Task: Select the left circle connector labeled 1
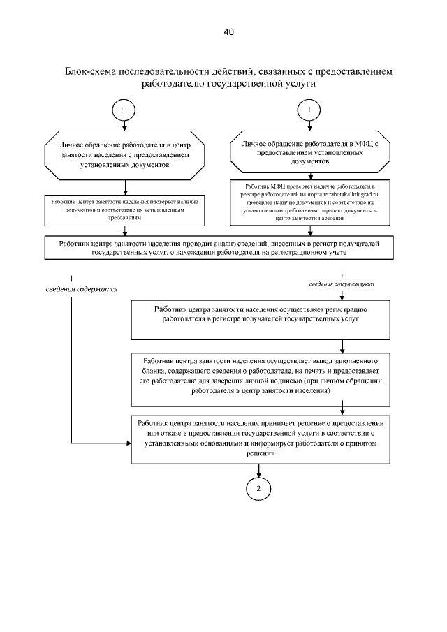pyautogui.click(x=124, y=110)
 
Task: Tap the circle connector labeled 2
pyautogui.click(x=258, y=487)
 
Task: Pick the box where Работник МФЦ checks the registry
pyautogui.click(x=309, y=203)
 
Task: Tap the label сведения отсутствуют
pyautogui.click(x=343, y=284)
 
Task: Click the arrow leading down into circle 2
pyautogui.click(x=258, y=471)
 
